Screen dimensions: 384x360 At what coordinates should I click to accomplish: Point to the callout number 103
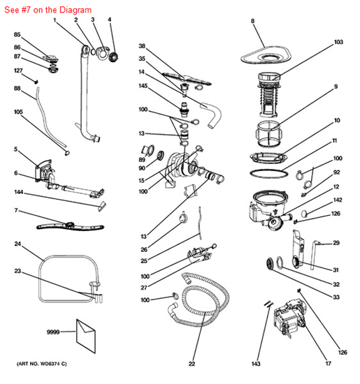click(339, 43)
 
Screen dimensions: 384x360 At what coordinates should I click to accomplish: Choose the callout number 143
click(257, 363)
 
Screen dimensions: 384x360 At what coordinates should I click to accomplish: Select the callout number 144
click(19, 191)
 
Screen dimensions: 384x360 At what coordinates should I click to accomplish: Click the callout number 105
click(19, 112)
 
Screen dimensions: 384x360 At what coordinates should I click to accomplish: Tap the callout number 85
click(17, 35)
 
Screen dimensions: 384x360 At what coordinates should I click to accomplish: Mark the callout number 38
click(142, 46)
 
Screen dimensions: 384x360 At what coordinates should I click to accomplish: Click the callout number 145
click(142, 87)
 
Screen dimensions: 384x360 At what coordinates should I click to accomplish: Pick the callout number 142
click(337, 200)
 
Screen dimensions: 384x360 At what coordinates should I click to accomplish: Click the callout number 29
click(336, 243)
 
